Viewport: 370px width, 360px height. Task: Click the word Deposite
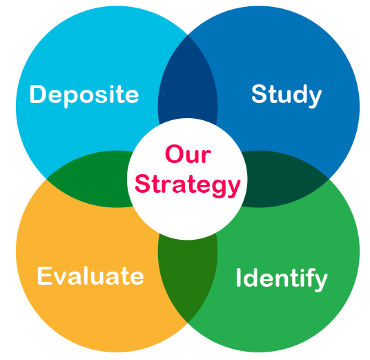84,95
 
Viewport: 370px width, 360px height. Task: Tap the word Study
286,95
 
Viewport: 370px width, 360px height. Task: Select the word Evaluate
90,276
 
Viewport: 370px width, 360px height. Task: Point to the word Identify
282,279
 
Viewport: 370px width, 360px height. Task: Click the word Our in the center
188,154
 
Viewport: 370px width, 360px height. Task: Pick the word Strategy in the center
188,186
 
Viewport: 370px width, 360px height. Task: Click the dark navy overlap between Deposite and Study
188,78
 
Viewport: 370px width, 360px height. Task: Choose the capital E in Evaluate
44,276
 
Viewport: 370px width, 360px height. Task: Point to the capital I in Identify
238,278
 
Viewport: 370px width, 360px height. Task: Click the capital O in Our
175,154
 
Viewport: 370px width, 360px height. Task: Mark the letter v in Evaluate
61,278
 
